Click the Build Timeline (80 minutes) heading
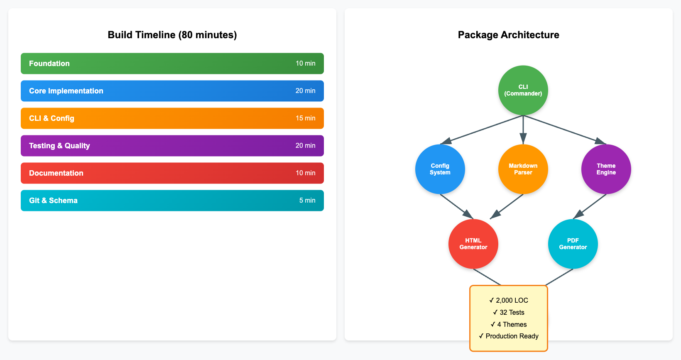[172, 35]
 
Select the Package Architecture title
[508, 35]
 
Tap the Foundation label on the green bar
[49, 64]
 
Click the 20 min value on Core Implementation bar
[305, 91]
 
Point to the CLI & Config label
[51, 118]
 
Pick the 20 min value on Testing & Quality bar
[305, 146]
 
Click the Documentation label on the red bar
[56, 173]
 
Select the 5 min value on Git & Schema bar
[307, 201]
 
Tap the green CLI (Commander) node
[523, 90]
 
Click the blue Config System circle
[440, 169]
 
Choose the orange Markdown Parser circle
[523, 169]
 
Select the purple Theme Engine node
[606, 169]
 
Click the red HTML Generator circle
[473, 244]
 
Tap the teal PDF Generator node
[573, 244]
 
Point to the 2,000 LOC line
[509, 300]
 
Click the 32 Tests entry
[509, 312]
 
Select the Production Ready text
[509, 336]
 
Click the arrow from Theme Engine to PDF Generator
[590, 206]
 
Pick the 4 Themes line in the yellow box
[509, 324]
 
